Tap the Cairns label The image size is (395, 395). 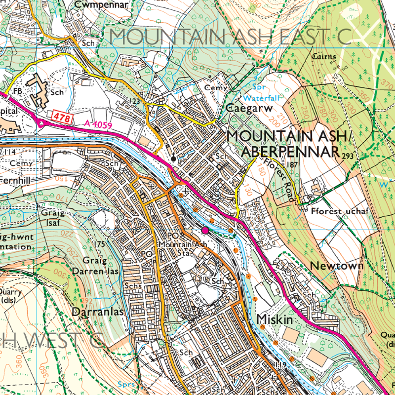coord(324,57)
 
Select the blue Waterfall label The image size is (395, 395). coord(261,98)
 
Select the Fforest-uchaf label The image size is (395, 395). coord(340,211)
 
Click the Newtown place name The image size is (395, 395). coord(336,266)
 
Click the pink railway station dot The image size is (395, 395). coord(205,230)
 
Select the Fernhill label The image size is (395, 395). coord(15,181)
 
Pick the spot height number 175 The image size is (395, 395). coord(100,244)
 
